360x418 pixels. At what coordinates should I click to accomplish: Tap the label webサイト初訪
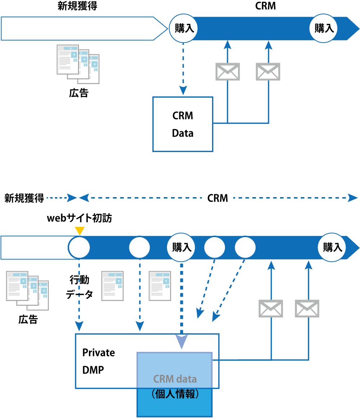(79, 218)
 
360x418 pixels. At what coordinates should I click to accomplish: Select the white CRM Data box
(183, 124)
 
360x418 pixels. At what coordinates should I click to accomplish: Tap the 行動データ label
(79, 287)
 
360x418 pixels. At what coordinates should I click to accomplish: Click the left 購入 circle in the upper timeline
(184, 28)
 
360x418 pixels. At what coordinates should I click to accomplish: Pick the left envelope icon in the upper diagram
(228, 71)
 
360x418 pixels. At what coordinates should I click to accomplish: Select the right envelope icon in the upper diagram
(268, 71)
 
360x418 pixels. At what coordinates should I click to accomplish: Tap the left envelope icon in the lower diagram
(271, 308)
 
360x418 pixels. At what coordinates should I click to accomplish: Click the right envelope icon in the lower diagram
(307, 308)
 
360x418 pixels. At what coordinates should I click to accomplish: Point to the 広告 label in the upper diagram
(79, 93)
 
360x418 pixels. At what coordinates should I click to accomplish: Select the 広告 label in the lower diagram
(28, 319)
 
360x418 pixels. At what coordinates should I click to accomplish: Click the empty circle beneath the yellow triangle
(79, 248)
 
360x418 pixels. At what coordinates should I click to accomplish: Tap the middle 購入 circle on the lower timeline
(181, 248)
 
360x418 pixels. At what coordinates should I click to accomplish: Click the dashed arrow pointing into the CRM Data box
(184, 68)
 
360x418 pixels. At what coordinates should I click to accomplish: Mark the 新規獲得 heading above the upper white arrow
(77, 6)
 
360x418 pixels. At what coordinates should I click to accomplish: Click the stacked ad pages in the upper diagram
(78, 62)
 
